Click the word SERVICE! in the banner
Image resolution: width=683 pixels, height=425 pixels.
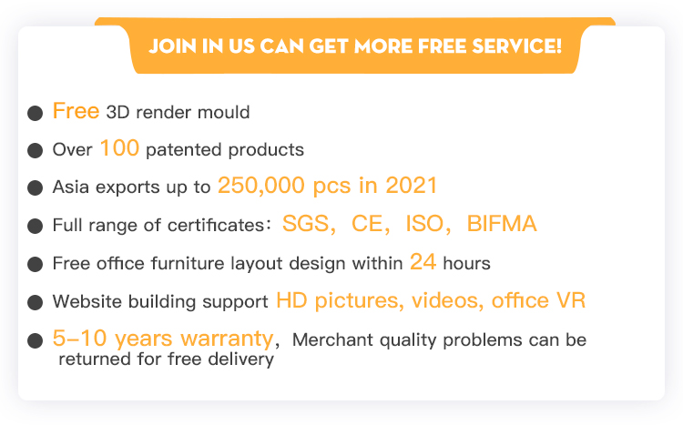[517, 46]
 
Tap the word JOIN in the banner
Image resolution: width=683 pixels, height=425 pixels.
[172, 46]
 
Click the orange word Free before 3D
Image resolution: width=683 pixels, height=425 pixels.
[76, 111]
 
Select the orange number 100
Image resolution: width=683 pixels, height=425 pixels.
[119, 148]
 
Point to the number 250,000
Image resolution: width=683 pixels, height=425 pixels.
[261, 186]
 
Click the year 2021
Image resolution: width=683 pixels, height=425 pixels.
[412, 186]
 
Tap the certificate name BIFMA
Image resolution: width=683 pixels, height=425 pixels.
[502, 224]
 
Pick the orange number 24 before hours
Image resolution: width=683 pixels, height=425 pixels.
[423, 262]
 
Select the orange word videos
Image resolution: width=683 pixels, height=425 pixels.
[447, 300]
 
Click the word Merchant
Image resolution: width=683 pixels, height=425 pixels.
[332, 340]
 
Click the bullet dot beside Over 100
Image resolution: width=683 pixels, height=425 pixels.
[35, 151]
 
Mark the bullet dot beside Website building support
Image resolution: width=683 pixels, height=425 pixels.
[35, 302]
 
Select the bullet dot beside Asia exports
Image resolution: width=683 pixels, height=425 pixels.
[35, 188]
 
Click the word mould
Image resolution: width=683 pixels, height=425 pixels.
[223, 112]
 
